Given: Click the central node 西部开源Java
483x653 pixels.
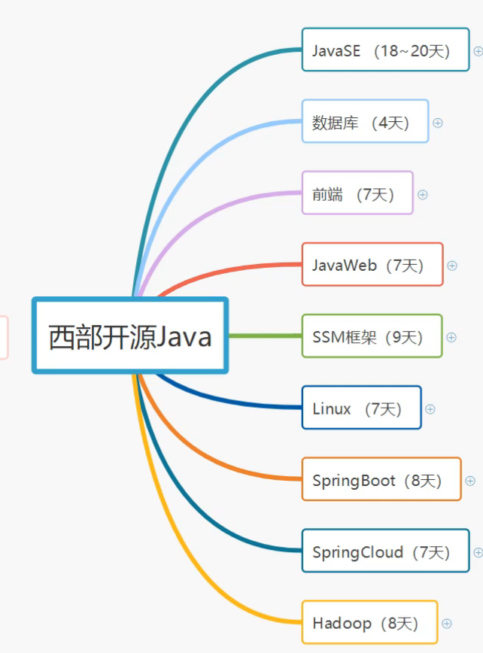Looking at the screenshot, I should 129,336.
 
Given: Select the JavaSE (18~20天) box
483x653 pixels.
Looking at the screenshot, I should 385,50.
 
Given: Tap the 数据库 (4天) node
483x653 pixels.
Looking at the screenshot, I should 365,122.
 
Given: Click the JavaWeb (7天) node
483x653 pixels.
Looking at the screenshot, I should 372,265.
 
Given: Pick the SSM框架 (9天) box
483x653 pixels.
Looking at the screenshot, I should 372,336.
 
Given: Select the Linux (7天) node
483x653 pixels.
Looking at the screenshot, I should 361,409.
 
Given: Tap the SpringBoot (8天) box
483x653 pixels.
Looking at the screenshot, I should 381,480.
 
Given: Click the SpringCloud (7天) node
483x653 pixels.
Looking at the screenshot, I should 385,551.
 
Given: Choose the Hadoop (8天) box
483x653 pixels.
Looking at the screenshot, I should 369,623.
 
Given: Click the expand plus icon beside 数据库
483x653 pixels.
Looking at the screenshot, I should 438,123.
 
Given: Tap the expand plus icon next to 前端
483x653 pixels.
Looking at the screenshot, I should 423,194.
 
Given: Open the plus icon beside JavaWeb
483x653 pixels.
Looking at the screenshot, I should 452,266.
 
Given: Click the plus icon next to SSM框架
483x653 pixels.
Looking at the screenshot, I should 451,337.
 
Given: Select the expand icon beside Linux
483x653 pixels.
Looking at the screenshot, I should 430,409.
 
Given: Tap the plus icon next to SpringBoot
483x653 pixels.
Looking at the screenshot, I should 470,481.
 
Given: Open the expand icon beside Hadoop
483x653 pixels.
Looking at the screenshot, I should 447,624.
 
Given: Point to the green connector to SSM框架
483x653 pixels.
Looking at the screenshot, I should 263,336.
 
